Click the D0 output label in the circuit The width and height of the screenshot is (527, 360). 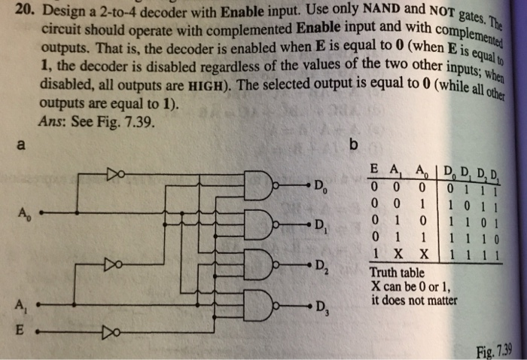(x=321, y=185)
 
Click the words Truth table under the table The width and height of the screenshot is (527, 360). (x=397, y=273)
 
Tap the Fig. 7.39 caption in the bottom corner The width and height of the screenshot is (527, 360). (x=494, y=352)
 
